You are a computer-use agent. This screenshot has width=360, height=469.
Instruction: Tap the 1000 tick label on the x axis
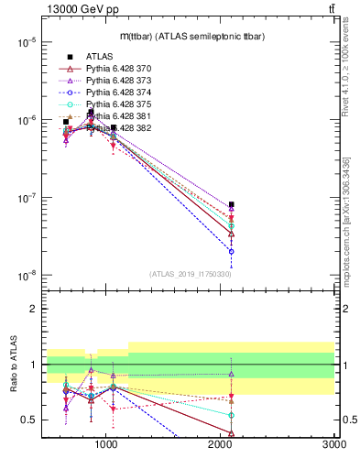(x=106, y=445)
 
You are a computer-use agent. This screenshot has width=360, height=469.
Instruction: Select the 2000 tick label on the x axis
(x=221, y=445)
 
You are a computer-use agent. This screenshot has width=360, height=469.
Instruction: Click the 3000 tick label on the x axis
(x=333, y=445)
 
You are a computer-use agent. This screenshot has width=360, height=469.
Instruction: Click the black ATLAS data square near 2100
(x=232, y=204)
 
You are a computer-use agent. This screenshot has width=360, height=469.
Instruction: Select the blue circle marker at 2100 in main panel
(x=232, y=251)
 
